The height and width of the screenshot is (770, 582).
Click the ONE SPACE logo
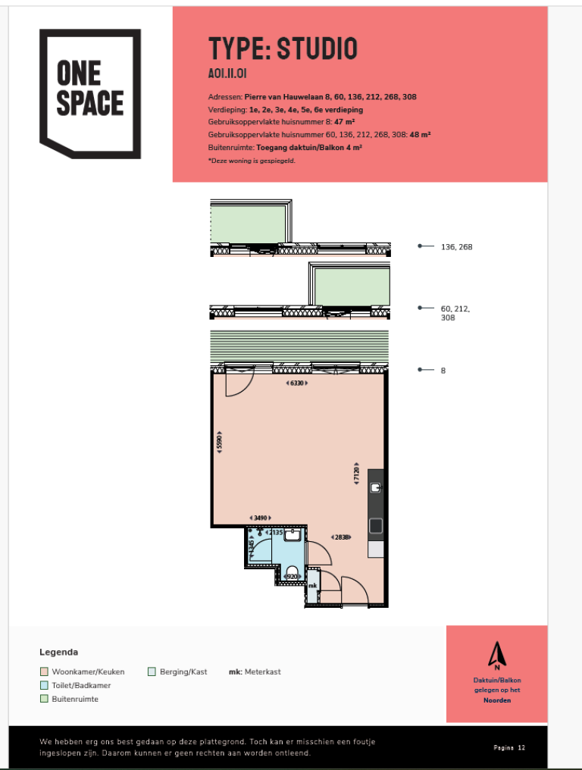90,93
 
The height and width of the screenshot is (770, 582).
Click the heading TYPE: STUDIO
282,49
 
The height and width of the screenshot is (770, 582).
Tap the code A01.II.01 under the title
227,74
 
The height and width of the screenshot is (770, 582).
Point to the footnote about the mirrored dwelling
251,161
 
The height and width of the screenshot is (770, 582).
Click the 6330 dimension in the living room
299,383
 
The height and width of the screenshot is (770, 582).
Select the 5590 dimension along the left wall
220,444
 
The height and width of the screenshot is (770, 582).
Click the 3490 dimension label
260,518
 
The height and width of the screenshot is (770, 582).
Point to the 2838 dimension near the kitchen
341,537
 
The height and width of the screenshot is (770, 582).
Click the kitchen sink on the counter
376,525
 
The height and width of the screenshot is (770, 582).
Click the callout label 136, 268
456,247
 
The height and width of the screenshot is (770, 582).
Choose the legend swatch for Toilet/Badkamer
44,685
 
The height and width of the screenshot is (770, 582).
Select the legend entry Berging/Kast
179,671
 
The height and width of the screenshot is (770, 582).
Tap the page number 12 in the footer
521,747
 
